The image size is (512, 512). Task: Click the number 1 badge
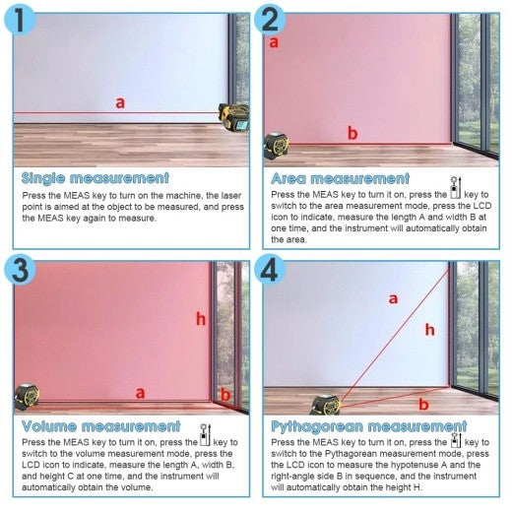[x=20, y=21]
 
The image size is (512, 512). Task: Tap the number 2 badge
[x=270, y=20]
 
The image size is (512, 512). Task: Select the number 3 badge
[x=20, y=270]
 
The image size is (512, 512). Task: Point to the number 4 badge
[x=270, y=270]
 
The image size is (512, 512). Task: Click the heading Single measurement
[x=96, y=178]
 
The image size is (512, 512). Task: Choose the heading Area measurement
[x=341, y=179]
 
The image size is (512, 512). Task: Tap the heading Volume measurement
[x=101, y=426]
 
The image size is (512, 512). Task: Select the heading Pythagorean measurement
[x=369, y=426]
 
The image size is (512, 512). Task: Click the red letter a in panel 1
[x=120, y=103]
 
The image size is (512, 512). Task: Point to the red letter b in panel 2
[x=352, y=133]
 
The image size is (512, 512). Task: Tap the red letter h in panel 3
[x=201, y=319]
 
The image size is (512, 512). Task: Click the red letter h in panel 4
[x=430, y=330]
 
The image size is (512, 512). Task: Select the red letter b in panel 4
[x=423, y=404]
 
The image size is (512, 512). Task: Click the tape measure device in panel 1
[x=233, y=117]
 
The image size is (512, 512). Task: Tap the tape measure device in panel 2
[x=277, y=146]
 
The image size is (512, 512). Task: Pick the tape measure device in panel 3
[x=27, y=397]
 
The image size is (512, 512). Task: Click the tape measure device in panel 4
[x=325, y=405]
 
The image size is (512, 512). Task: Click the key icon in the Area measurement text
[x=456, y=187]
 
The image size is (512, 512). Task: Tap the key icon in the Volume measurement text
[x=205, y=435]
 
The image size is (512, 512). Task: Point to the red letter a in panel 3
[x=140, y=393]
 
